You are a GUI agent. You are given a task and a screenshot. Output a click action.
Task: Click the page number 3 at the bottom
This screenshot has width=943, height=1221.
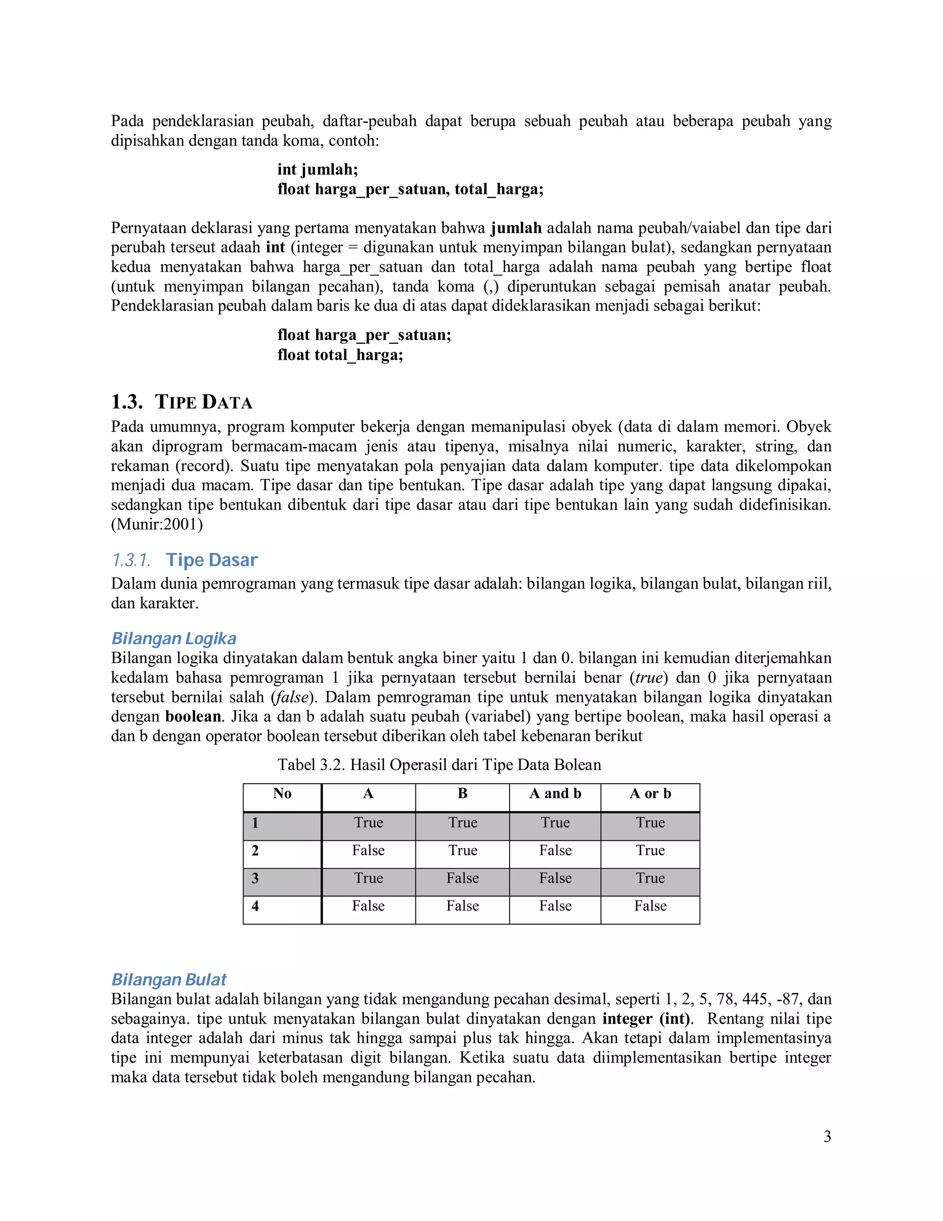pyautogui.click(x=827, y=1137)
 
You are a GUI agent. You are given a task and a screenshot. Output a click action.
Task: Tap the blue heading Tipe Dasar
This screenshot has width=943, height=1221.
pyautogui.click(x=211, y=560)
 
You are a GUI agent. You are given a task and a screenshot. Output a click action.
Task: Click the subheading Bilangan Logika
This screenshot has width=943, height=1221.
pyautogui.click(x=174, y=639)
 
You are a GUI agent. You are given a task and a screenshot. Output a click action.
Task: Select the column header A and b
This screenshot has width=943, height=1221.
pyautogui.click(x=555, y=793)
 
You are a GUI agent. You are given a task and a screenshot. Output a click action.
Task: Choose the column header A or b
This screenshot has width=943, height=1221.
pyautogui.click(x=650, y=793)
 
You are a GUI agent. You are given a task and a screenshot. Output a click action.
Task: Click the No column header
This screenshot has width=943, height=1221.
pyautogui.click(x=282, y=793)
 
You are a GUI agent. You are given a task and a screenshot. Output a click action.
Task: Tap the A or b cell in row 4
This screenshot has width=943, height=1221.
pyautogui.click(x=650, y=906)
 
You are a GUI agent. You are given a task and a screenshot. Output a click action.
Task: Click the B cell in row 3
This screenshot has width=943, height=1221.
pyautogui.click(x=463, y=878)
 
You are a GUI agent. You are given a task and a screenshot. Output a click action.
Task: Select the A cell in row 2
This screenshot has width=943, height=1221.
pyautogui.click(x=368, y=851)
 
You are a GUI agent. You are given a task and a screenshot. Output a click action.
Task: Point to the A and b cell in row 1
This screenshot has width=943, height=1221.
pyautogui.click(x=555, y=822)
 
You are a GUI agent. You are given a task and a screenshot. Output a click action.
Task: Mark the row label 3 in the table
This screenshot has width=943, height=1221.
pyautogui.click(x=255, y=878)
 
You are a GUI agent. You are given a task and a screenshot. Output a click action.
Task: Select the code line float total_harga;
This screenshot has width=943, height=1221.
pyautogui.click(x=340, y=354)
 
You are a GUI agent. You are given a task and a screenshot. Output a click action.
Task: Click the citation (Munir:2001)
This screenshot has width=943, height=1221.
pyautogui.click(x=157, y=524)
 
